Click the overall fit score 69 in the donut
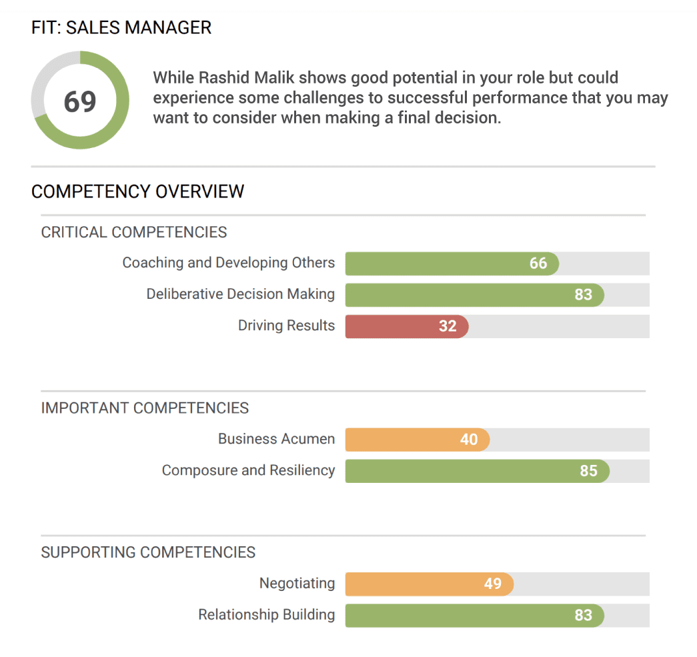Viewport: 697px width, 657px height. click(80, 101)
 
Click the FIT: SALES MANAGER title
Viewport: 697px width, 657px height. click(121, 28)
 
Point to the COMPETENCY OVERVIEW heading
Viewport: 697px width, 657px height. click(137, 192)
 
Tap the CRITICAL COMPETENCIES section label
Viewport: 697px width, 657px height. click(134, 232)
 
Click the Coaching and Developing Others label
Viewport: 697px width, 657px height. click(228, 263)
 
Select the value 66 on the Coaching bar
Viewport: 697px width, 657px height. click(538, 263)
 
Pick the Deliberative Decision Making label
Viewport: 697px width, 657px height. click(240, 294)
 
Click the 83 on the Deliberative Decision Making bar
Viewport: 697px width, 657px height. click(583, 295)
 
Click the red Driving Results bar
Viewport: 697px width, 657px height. click(407, 326)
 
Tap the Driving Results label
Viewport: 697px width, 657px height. click(286, 325)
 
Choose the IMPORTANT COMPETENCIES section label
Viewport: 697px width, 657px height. click(145, 408)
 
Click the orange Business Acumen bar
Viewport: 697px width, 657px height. click(417, 440)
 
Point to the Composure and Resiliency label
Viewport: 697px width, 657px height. click(248, 470)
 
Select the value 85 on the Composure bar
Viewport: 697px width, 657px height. click(588, 471)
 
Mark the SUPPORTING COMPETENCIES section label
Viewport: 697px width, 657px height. click(148, 552)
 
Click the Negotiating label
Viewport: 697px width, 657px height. click(297, 584)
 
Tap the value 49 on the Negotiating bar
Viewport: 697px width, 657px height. click(493, 584)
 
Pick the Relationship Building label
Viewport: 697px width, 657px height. click(266, 614)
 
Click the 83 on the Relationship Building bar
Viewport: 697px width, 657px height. click(583, 615)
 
